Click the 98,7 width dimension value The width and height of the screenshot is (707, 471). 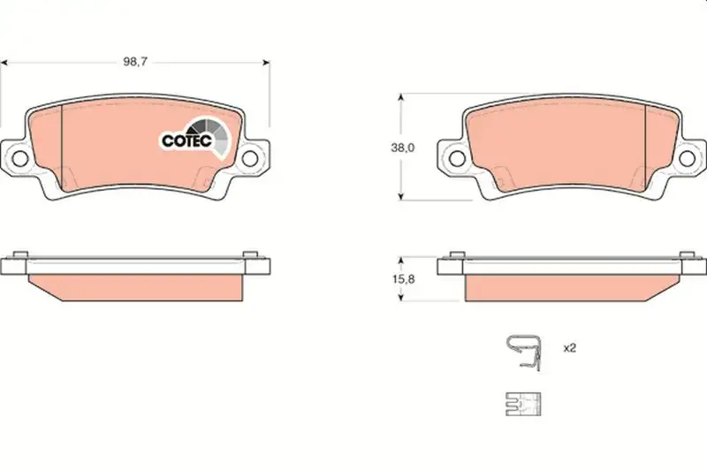pyautogui.click(x=135, y=62)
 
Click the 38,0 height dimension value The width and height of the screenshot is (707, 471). pyautogui.click(x=402, y=148)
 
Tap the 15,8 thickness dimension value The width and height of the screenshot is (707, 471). pyautogui.click(x=403, y=279)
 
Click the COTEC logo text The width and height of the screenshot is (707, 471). pyautogui.click(x=186, y=141)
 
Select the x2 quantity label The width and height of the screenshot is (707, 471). pyautogui.click(x=570, y=348)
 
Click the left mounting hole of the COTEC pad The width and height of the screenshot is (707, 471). pyautogui.click(x=19, y=158)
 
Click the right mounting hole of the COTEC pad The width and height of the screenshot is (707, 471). pyautogui.click(x=250, y=158)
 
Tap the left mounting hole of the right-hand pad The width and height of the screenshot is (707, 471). pyautogui.click(x=457, y=158)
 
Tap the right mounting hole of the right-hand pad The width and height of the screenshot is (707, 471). pyautogui.click(x=688, y=158)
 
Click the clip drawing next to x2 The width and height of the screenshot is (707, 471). pyautogui.click(x=524, y=353)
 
